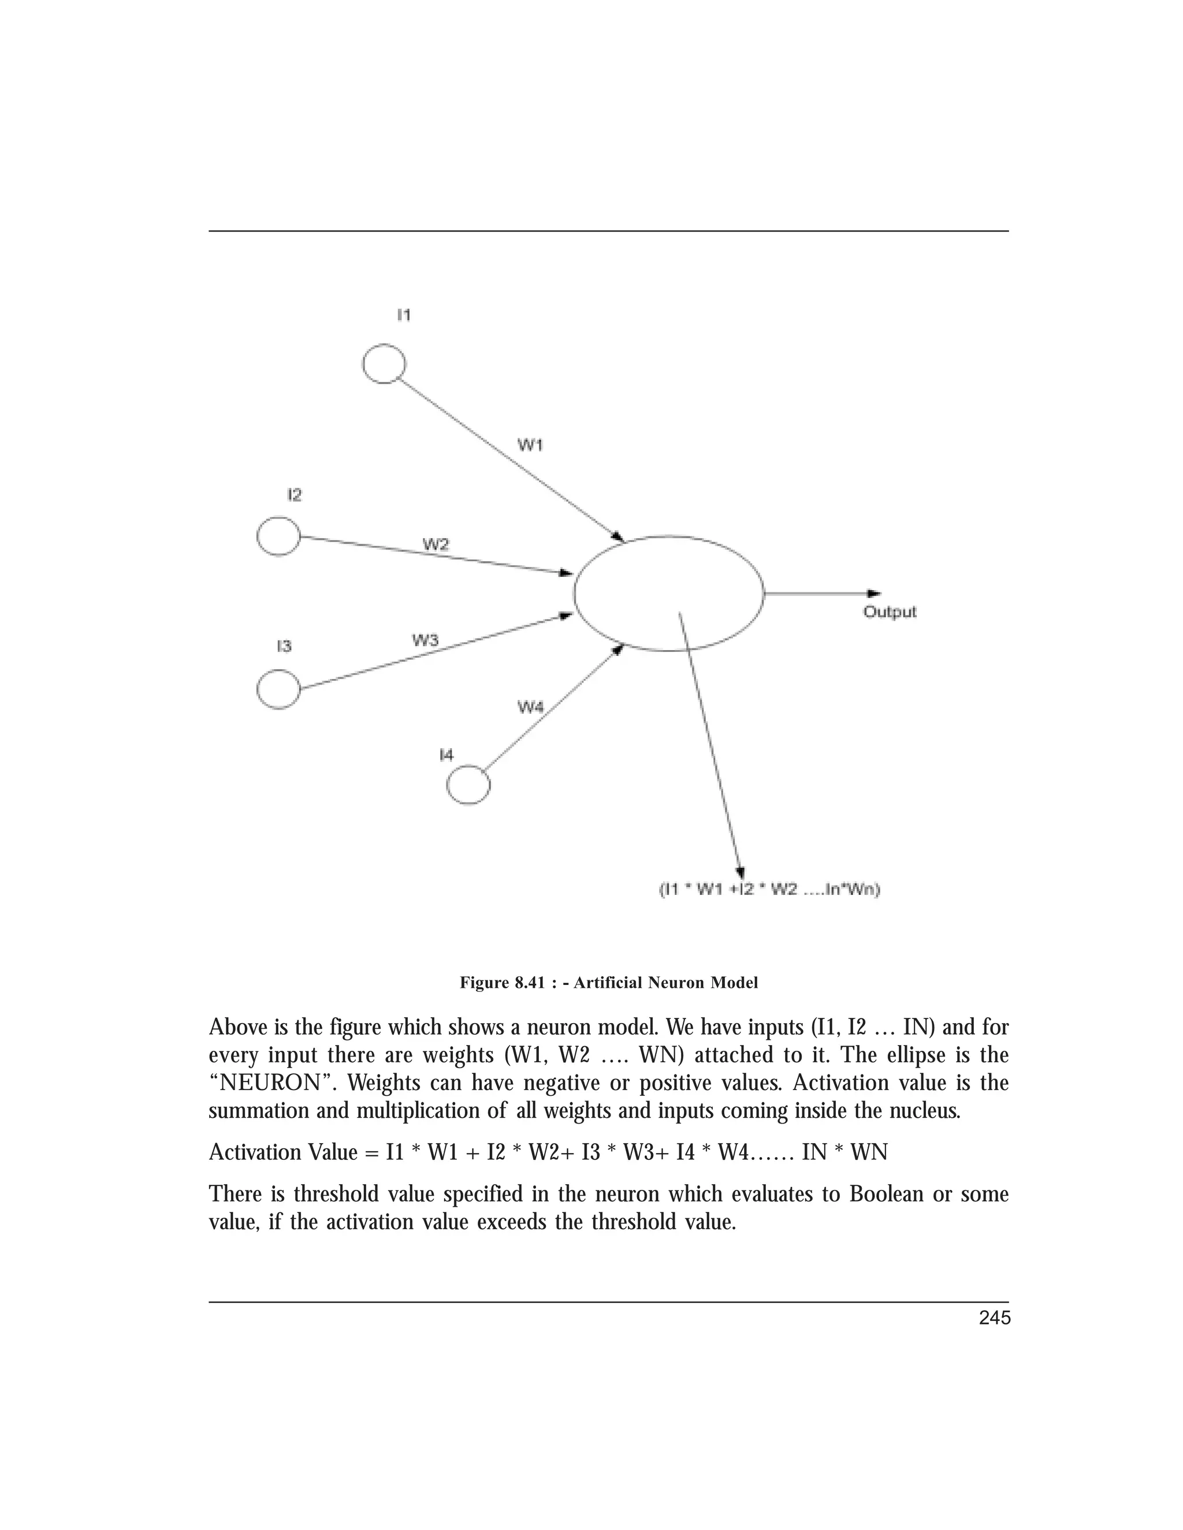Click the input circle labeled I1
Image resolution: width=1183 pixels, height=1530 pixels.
(384, 364)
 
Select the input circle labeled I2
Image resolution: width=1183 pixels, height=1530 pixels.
(279, 536)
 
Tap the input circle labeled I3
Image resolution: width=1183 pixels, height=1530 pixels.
(279, 689)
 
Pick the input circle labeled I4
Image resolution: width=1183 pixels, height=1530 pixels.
(468, 785)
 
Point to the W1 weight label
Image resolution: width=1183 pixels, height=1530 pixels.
(530, 445)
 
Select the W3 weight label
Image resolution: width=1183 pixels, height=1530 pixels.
(425, 640)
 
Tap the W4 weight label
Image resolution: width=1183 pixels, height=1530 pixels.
(530, 708)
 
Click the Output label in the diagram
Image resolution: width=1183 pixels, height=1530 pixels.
(890, 612)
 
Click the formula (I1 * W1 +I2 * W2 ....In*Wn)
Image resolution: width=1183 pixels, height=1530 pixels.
(769, 890)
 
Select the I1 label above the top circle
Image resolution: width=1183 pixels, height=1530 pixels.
(404, 315)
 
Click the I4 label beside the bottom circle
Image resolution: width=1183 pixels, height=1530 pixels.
(447, 755)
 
